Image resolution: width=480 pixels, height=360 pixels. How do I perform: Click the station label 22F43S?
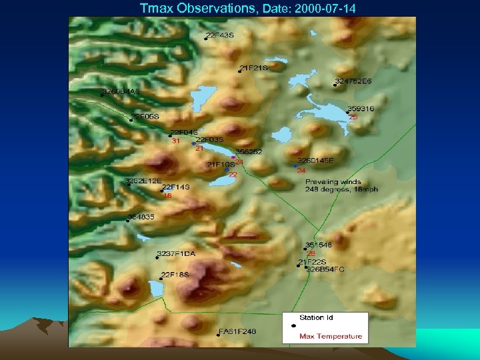(x=220, y=35)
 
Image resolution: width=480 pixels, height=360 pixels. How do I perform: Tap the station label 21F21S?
(x=254, y=68)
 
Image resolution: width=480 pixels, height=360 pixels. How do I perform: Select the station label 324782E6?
(x=353, y=81)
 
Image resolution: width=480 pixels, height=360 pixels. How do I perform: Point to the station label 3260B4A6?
(x=121, y=91)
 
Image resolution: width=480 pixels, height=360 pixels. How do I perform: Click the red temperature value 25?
(x=353, y=117)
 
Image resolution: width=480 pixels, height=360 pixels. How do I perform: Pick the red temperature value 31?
(x=176, y=141)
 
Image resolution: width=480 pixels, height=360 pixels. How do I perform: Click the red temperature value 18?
(x=167, y=196)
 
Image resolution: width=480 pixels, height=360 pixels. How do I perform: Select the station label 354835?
(x=142, y=217)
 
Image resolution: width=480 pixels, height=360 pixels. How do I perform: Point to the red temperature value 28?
(x=311, y=253)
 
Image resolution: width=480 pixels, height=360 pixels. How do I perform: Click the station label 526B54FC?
(x=325, y=269)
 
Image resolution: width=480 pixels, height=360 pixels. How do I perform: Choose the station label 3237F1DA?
(x=176, y=254)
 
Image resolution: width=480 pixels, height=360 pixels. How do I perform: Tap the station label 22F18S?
(x=175, y=274)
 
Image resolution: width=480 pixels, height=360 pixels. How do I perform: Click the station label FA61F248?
(x=237, y=331)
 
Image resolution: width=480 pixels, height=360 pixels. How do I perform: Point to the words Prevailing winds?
(x=333, y=181)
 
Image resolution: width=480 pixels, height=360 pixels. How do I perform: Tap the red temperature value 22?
(x=233, y=175)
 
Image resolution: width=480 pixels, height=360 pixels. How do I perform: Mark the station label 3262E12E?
(x=141, y=181)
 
